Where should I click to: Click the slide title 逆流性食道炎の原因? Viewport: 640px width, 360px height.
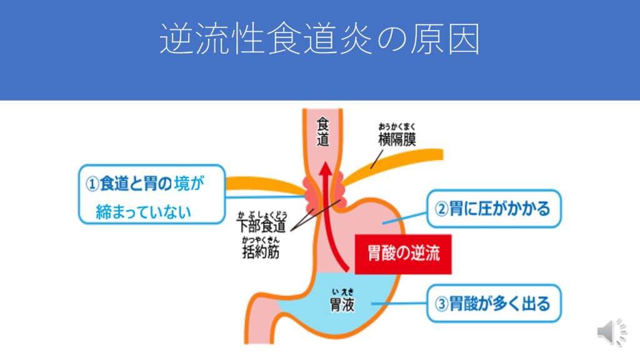[x=319, y=40]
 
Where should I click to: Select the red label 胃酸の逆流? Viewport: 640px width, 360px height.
[x=403, y=254]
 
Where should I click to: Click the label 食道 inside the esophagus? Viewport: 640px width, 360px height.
[x=322, y=131]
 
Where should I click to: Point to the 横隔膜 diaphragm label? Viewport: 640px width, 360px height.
[x=397, y=139]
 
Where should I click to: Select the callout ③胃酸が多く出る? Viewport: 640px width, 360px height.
[x=494, y=304]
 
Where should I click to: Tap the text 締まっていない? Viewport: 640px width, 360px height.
[x=143, y=212]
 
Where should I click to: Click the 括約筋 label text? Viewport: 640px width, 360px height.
[x=261, y=251]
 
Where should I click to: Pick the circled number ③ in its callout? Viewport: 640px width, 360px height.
[x=441, y=304]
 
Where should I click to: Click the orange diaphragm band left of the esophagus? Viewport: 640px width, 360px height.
[x=262, y=186]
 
